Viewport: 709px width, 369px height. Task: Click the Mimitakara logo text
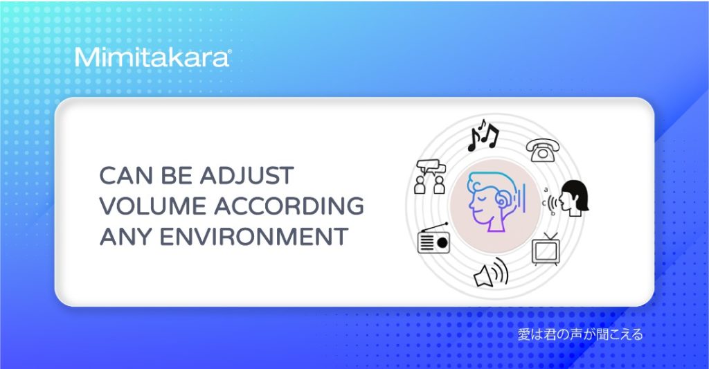point(153,57)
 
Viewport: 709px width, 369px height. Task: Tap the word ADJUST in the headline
point(247,175)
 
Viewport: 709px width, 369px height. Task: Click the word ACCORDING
point(289,206)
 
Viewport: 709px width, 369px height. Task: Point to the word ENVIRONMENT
point(254,237)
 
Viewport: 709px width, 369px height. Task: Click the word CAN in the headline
point(126,175)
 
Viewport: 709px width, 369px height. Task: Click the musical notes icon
point(483,135)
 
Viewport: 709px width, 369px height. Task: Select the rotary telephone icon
point(543,150)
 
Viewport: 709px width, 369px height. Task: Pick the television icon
point(546,249)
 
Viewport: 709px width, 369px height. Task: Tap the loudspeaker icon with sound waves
point(491,272)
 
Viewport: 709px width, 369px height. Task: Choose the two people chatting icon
point(430,177)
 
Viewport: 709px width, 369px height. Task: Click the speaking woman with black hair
point(573,198)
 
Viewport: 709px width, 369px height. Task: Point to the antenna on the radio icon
point(433,227)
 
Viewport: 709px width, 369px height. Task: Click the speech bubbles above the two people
point(431,167)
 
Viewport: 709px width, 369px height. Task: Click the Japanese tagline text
point(580,334)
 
